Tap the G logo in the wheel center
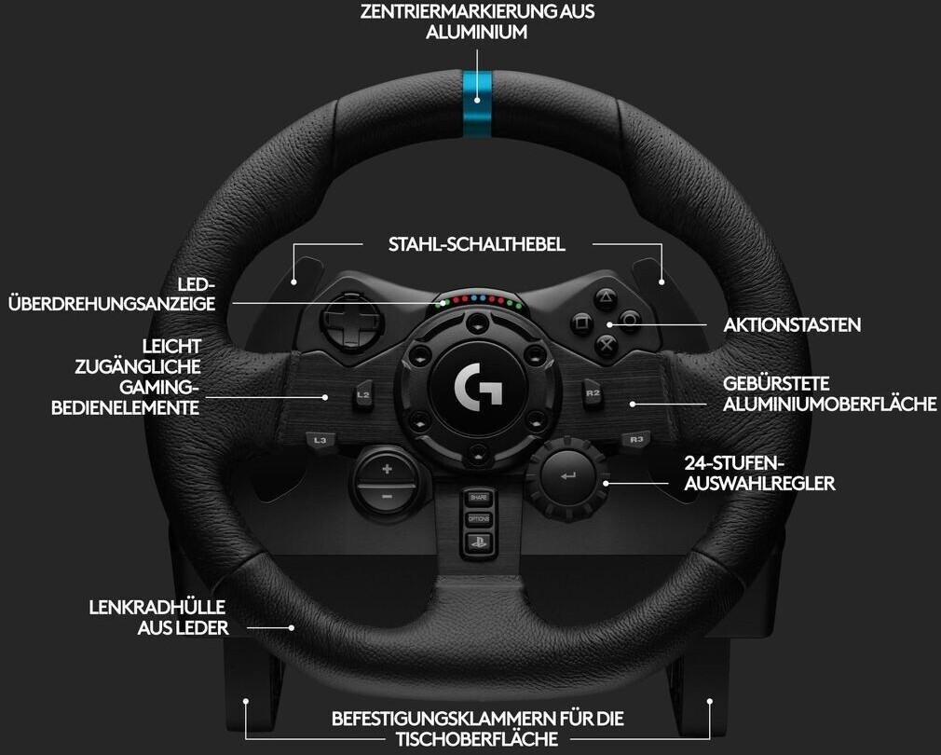(477, 384)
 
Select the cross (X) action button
(606, 346)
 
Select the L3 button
(320, 438)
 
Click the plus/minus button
(387, 481)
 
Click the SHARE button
(478, 498)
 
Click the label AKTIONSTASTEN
(792, 325)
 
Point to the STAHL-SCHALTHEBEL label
(477, 245)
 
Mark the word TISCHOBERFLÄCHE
(477, 739)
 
